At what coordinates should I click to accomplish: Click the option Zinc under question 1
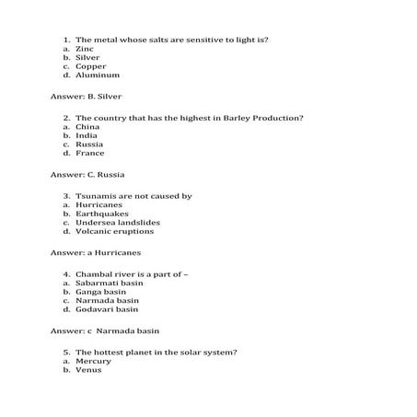point(85,49)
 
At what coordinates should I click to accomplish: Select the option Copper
point(90,66)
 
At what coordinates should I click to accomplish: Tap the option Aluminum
point(97,75)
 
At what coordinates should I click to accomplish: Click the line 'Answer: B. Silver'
point(87,96)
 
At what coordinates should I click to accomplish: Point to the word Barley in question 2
point(206,118)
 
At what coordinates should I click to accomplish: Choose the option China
point(88,127)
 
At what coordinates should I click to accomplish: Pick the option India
point(87,135)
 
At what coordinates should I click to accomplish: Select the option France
point(89,153)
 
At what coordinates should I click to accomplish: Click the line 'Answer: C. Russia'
point(87,174)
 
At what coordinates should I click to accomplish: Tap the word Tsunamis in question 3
point(98,195)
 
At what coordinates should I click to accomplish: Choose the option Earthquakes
point(101,213)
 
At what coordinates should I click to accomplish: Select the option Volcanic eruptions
point(114,231)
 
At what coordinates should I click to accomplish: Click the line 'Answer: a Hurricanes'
point(95,251)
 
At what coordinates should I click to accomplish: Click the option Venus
point(88,370)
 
